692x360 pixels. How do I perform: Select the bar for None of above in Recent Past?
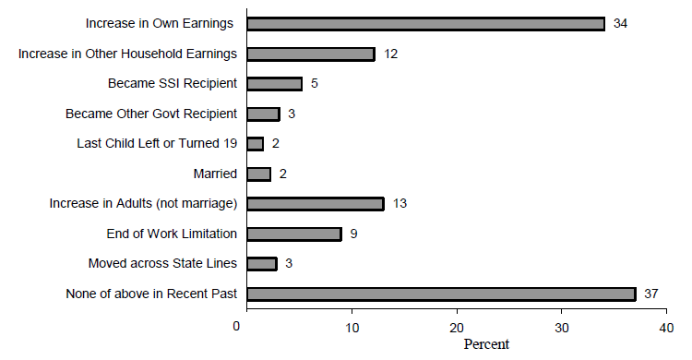click(x=442, y=294)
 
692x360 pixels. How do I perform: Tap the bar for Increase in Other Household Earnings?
click(x=311, y=54)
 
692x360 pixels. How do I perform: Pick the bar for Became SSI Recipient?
click(x=275, y=84)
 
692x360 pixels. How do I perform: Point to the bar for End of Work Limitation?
click(x=294, y=234)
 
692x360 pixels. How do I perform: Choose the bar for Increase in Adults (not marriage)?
click(x=316, y=204)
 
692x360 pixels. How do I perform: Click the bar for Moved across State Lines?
click(x=263, y=264)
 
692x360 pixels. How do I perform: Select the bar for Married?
click(x=259, y=174)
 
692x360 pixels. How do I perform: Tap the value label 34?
click(x=621, y=24)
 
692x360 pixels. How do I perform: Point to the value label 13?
click(x=400, y=204)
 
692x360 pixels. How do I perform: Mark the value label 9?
click(x=353, y=234)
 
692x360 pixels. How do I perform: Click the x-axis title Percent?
click(x=485, y=344)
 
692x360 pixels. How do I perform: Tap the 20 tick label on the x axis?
click(x=456, y=327)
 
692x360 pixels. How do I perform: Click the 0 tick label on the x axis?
click(x=237, y=327)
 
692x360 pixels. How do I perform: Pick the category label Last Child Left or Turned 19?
click(x=156, y=143)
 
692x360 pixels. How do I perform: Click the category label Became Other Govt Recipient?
click(x=151, y=114)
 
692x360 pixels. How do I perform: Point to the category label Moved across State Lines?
click(x=162, y=264)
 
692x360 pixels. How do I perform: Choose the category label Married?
click(x=215, y=174)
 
